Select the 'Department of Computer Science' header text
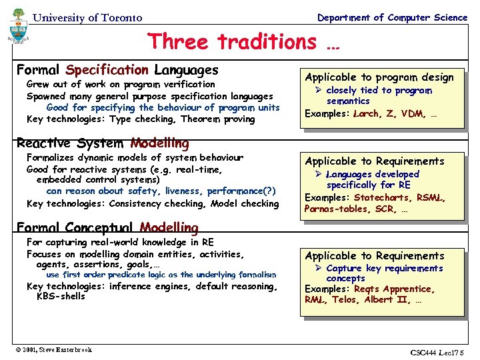coord(392,17)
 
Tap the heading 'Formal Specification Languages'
coord(117,70)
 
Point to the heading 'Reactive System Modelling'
coord(103,143)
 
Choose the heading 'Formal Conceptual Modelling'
coord(107,228)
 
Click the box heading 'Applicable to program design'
coord(379,77)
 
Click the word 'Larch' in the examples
coord(366,113)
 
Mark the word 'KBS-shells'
coord(61,296)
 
